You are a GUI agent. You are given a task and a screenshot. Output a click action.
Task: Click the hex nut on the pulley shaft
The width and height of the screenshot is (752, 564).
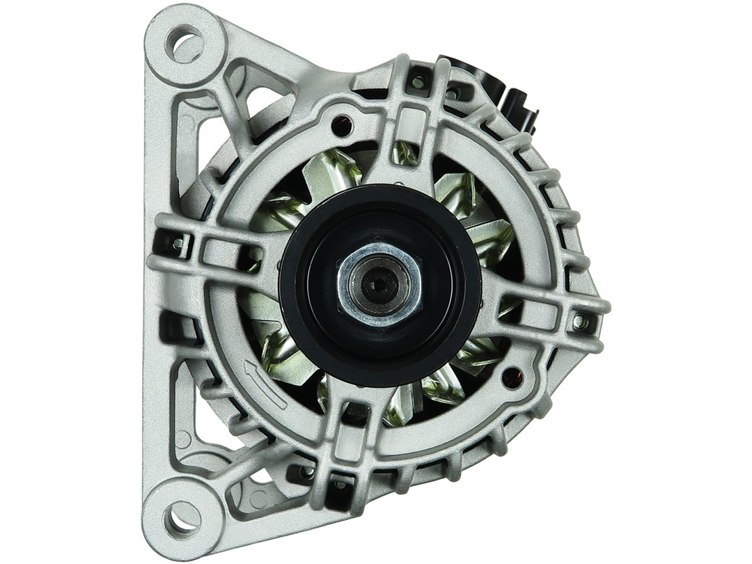pos(379,284)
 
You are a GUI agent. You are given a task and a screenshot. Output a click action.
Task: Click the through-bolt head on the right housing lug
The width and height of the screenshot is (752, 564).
pos(579,322)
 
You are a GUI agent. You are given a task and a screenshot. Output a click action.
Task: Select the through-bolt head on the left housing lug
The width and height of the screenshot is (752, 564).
pos(178,244)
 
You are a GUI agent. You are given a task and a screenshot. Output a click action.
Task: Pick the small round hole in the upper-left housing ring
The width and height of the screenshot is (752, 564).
pos(340,126)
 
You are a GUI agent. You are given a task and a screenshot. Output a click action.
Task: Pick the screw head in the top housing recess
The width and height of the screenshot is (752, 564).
pos(418,82)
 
